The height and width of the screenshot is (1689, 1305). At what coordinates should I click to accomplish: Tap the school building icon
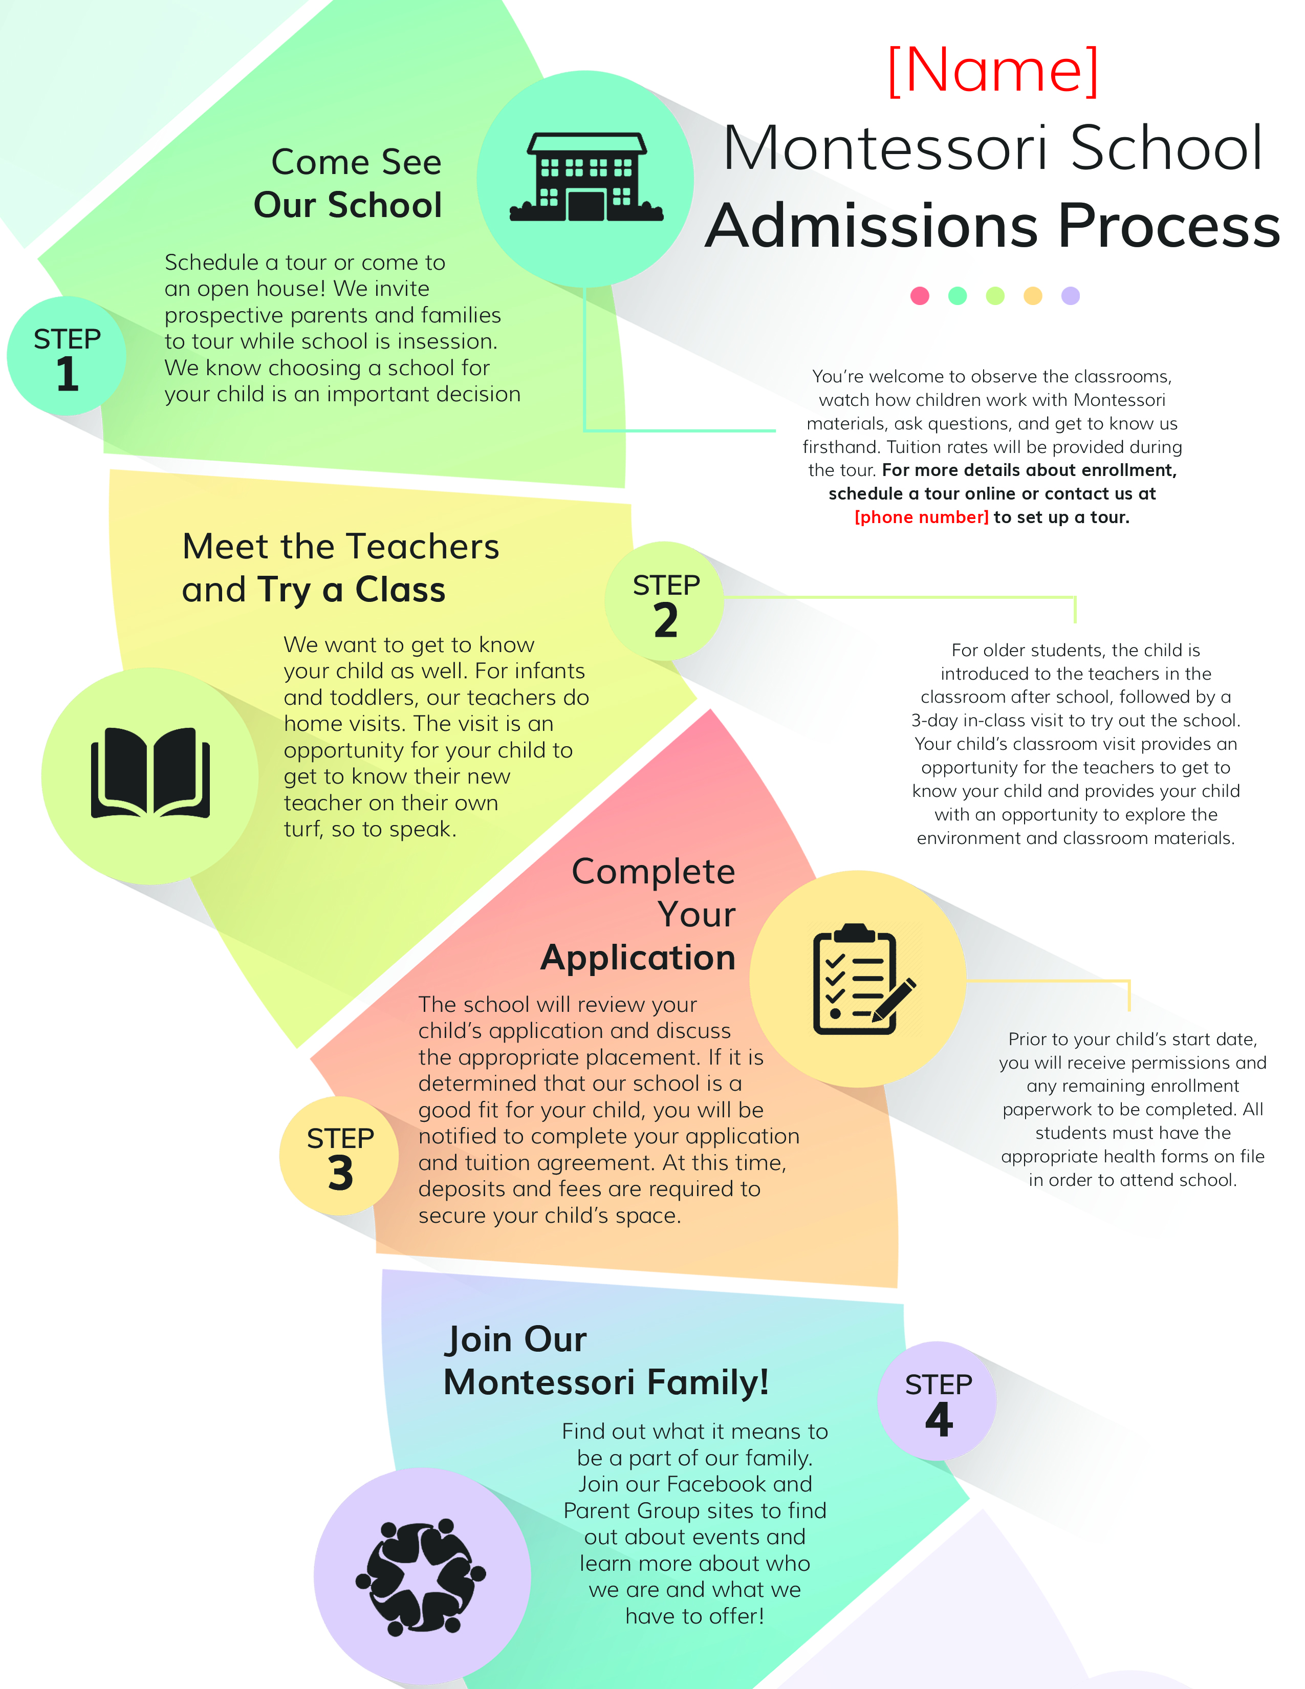(x=585, y=178)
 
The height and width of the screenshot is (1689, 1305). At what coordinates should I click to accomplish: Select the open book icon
(x=150, y=774)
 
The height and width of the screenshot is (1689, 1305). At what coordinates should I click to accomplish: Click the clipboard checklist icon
(x=858, y=978)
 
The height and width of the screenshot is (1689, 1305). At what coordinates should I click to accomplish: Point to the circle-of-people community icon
(x=421, y=1577)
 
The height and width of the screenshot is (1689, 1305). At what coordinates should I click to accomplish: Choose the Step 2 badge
(x=665, y=602)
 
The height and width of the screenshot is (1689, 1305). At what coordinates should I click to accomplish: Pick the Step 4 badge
(x=937, y=1401)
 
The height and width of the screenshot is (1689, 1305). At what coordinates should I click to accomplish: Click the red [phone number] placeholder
(x=921, y=517)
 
